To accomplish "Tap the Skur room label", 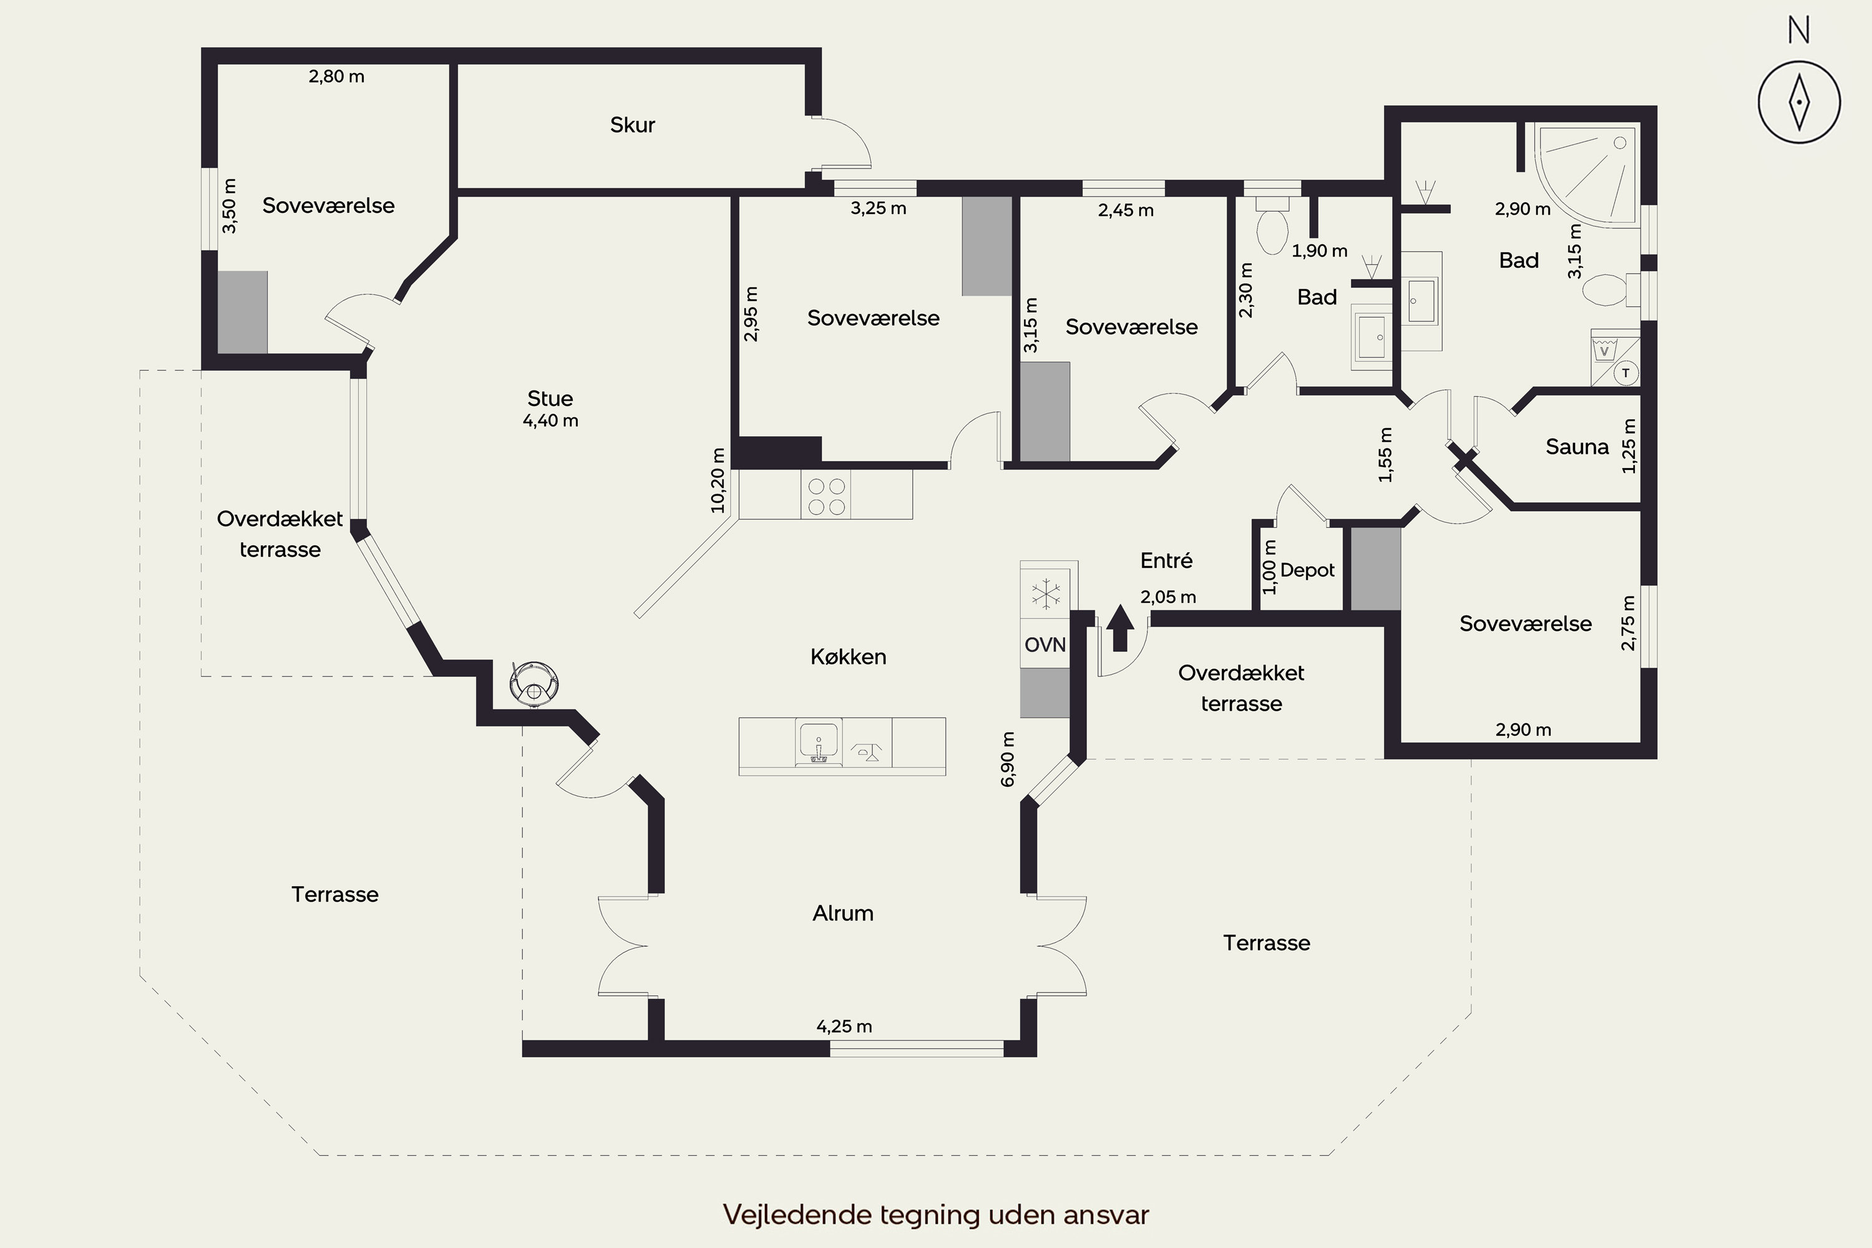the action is (633, 125).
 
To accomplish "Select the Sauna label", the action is (1577, 447).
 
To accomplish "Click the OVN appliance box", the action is (1045, 644).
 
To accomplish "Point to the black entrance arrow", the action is (1120, 628).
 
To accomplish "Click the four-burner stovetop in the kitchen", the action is (826, 495).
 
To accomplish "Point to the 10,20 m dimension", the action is (718, 480).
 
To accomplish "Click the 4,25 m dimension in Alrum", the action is (844, 1026).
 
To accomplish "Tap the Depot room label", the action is (1308, 571).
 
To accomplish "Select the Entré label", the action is (1166, 560).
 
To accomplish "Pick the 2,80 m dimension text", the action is (337, 76).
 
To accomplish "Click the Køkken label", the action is (849, 656).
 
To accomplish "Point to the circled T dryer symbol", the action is (1626, 373).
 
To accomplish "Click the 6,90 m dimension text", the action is (1008, 759).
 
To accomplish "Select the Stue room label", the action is (550, 398).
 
